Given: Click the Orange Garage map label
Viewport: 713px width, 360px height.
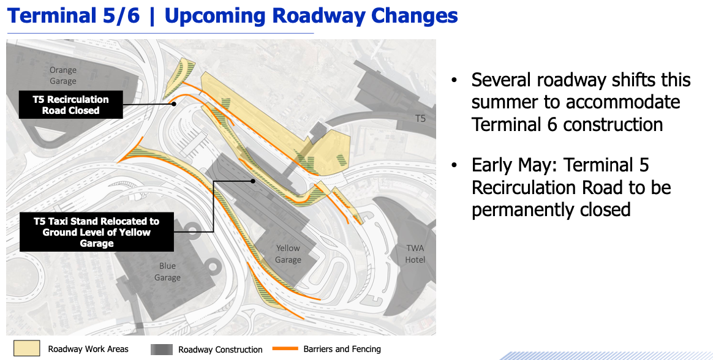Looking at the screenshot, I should (63, 75).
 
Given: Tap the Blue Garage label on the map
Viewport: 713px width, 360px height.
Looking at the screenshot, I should (167, 272).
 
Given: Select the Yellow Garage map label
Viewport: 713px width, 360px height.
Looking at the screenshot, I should (288, 254).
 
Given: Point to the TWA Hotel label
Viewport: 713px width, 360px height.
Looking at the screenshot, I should (415, 254).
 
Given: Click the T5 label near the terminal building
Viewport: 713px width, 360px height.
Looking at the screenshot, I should (420, 118).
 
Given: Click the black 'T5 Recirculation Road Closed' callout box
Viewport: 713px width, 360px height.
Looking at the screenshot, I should (71, 105).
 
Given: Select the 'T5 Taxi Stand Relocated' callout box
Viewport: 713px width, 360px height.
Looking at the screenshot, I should (97, 232).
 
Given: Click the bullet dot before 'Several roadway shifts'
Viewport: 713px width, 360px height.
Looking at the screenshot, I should (454, 81).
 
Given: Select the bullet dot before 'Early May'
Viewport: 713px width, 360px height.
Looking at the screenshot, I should (454, 166).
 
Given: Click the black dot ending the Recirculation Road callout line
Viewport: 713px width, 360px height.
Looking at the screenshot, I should (175, 104).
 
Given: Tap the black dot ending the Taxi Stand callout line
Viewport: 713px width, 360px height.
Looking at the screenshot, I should (253, 181).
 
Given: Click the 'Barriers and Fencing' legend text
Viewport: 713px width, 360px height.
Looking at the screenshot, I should (342, 349).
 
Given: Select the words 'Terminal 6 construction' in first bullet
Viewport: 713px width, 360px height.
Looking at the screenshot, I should (567, 124).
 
